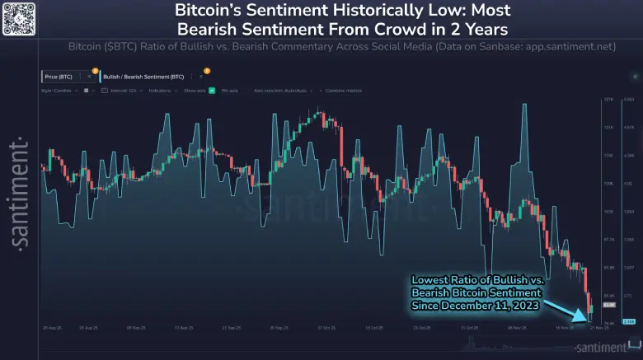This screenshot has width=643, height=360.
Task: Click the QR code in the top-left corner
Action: (18, 18)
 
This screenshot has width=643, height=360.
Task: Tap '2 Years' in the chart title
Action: (446, 29)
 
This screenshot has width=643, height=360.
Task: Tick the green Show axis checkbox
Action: (212, 90)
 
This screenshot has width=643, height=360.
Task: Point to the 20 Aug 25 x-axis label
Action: (51, 327)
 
